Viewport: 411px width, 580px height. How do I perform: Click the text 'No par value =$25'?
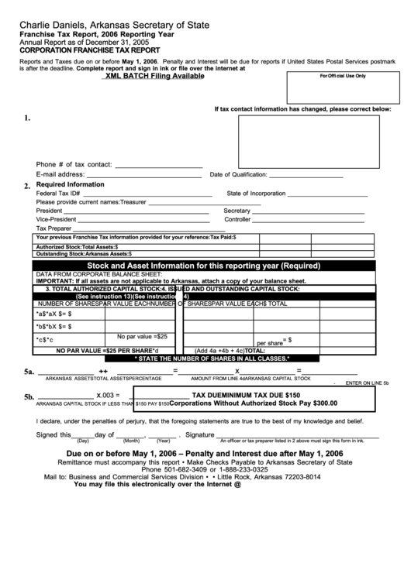click(x=143, y=337)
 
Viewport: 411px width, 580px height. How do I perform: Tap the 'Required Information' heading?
click(x=70, y=185)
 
